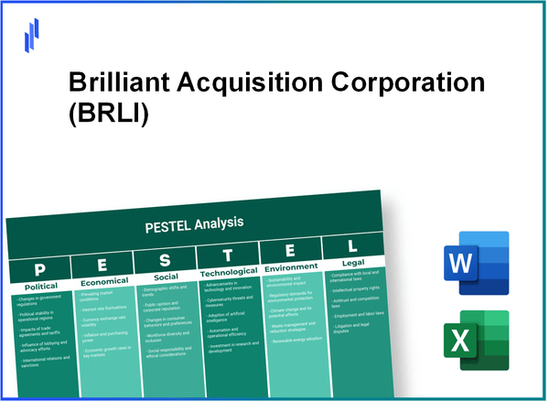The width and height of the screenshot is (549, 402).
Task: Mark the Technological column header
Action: tap(229, 273)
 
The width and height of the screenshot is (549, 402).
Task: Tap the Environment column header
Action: tap(290, 268)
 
